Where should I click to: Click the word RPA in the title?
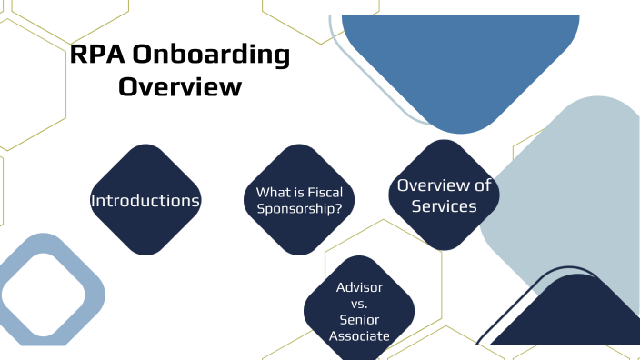(96, 55)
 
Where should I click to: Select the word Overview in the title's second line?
(181, 87)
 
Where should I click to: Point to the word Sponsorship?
(299, 207)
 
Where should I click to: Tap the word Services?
(444, 206)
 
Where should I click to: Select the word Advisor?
(359, 287)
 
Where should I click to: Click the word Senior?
(359, 320)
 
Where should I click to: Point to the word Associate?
(359, 336)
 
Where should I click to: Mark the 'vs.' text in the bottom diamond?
(359, 304)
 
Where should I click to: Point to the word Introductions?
(145, 200)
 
